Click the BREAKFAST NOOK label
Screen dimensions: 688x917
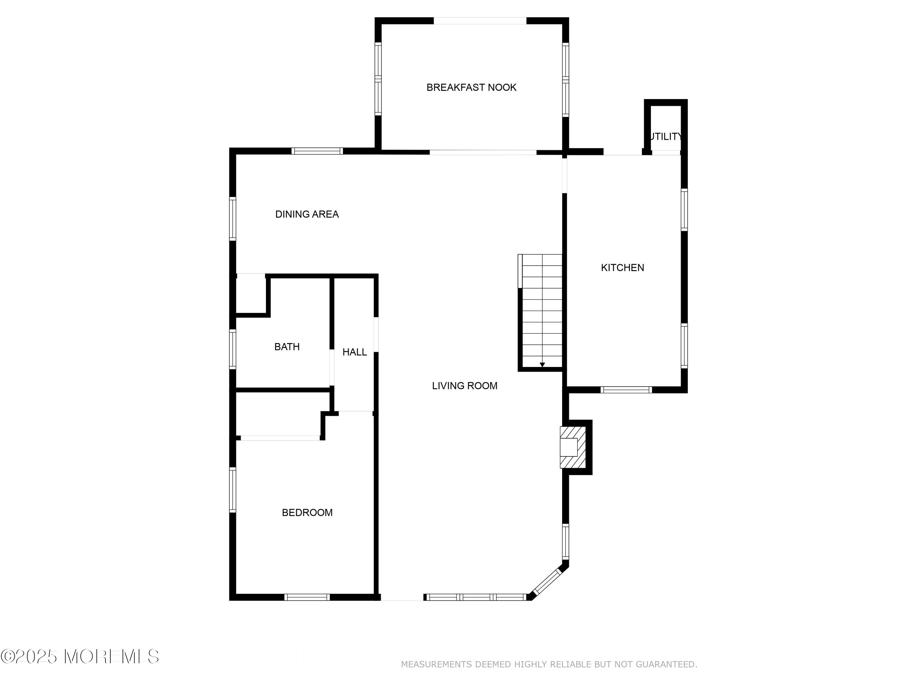click(x=471, y=87)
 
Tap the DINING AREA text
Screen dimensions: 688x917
click(x=307, y=214)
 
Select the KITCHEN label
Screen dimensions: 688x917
click(x=622, y=268)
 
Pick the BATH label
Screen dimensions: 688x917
click(x=287, y=347)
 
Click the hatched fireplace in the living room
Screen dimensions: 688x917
click(x=573, y=447)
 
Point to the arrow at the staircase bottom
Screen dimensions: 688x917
click(x=542, y=365)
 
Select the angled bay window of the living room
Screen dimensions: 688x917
click(x=547, y=583)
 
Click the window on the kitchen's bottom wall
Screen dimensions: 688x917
click(x=626, y=390)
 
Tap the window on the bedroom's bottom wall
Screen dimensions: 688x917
click(x=307, y=597)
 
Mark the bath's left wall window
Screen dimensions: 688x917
click(x=233, y=349)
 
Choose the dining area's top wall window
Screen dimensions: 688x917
click(x=317, y=151)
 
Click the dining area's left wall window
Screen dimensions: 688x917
click(x=233, y=219)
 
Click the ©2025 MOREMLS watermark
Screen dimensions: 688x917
click(x=79, y=657)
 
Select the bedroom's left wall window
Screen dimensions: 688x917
click(x=233, y=490)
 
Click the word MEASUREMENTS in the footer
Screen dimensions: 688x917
click(x=436, y=665)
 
